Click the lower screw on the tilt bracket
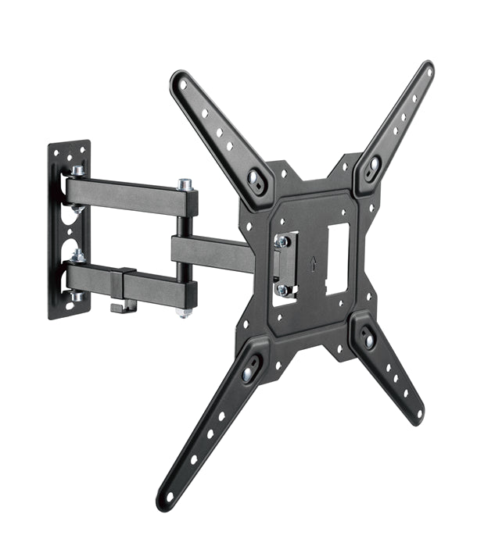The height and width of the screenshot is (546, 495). [x=282, y=288]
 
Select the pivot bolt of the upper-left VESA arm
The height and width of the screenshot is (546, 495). [x=255, y=177]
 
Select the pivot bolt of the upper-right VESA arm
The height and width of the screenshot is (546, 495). [x=373, y=165]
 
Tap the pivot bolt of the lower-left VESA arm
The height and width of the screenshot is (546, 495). [x=248, y=374]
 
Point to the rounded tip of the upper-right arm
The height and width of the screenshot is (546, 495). [x=426, y=70]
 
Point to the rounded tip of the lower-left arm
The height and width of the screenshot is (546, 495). [x=167, y=499]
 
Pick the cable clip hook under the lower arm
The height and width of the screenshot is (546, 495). [x=120, y=306]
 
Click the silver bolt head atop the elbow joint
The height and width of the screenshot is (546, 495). [x=185, y=184]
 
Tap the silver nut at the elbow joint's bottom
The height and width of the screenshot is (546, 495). [x=184, y=312]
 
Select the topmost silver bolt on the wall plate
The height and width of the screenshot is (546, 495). [x=78, y=171]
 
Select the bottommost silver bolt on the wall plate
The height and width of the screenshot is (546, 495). [x=77, y=296]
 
